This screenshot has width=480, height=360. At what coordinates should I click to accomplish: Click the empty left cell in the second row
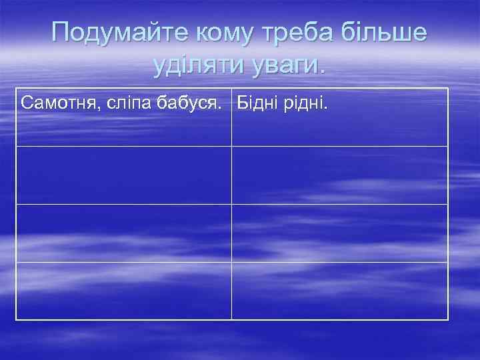tap(124, 175)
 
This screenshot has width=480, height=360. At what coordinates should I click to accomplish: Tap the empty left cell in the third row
tap(124, 233)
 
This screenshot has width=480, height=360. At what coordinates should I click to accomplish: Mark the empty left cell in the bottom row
tap(124, 291)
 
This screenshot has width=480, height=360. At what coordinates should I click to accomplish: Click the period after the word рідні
tap(326, 109)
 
